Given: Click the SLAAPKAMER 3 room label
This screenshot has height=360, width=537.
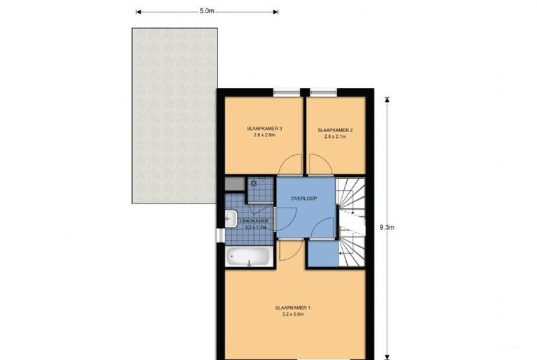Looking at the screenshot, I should [264, 129].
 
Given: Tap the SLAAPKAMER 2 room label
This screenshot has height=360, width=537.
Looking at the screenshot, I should [335, 130].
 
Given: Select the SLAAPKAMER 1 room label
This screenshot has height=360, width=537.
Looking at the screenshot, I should [293, 308].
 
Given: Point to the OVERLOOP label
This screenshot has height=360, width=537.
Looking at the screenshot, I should [305, 199].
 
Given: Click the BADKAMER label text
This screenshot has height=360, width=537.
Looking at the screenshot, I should [253, 221].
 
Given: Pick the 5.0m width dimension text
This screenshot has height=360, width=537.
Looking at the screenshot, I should [206, 11].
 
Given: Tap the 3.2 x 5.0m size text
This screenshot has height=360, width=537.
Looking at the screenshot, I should [293, 315].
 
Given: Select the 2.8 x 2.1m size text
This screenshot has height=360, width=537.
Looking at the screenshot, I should [335, 138].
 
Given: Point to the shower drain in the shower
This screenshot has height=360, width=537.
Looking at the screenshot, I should [255, 184].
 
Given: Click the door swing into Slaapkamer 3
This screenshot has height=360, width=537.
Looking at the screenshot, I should [289, 166].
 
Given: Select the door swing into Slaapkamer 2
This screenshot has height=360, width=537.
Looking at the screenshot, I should [320, 166].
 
